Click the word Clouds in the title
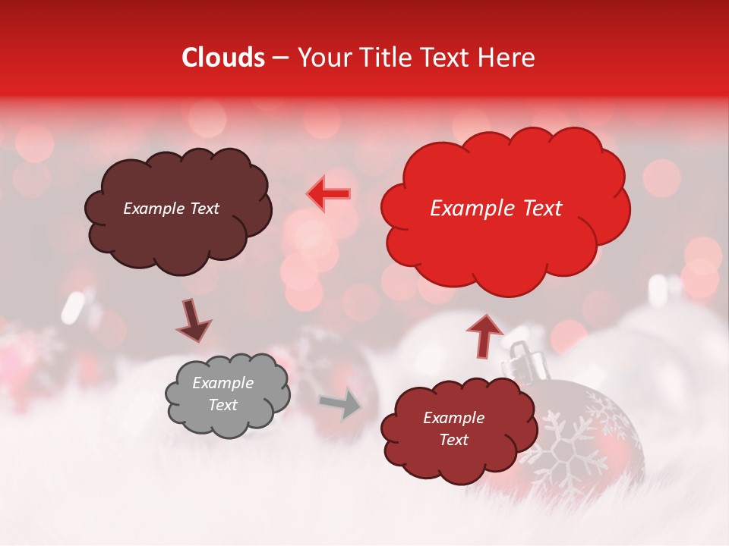[x=224, y=58]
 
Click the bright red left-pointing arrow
[x=329, y=193]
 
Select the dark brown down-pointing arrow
[x=193, y=320]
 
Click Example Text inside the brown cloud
[x=171, y=209]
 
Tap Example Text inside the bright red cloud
[x=496, y=209]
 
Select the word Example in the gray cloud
[x=222, y=384]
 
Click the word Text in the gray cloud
[x=222, y=405]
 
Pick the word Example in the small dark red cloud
[x=453, y=418]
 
